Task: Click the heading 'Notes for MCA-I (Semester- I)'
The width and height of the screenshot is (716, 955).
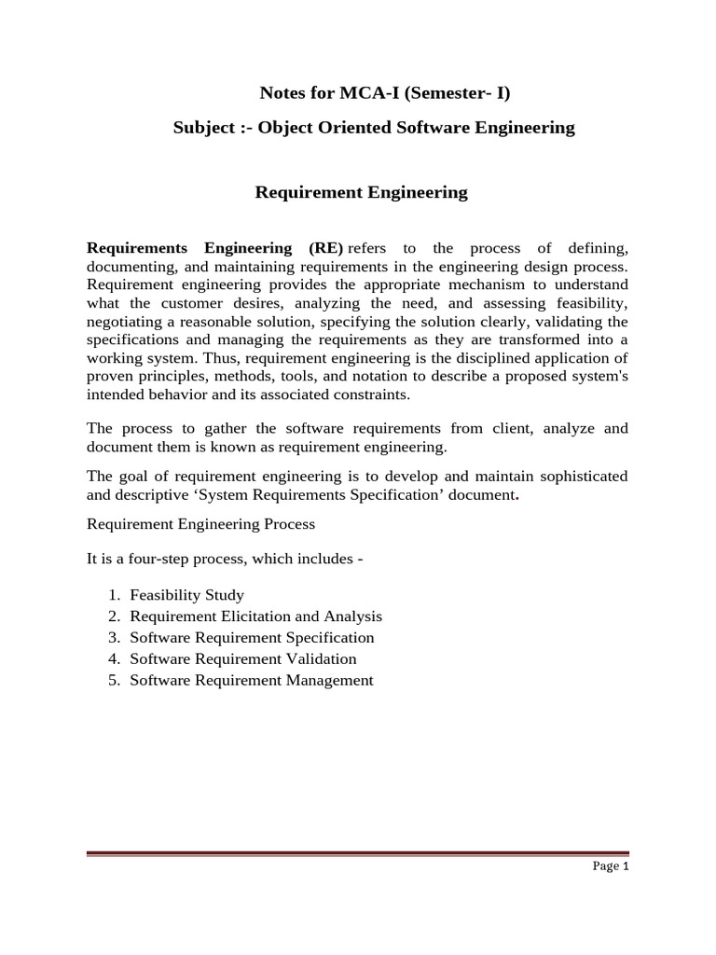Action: (x=384, y=93)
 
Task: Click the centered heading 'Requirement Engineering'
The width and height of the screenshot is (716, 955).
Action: (x=361, y=193)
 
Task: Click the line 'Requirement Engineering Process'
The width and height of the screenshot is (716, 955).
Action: (x=201, y=524)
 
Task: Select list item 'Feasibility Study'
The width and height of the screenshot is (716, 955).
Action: (x=187, y=595)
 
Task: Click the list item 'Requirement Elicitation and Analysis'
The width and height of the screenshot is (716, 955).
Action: (x=256, y=616)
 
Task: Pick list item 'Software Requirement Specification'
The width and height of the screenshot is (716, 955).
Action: (x=252, y=638)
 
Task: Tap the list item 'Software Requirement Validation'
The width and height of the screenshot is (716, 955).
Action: (x=243, y=659)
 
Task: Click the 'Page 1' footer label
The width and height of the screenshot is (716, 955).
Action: (x=612, y=866)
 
